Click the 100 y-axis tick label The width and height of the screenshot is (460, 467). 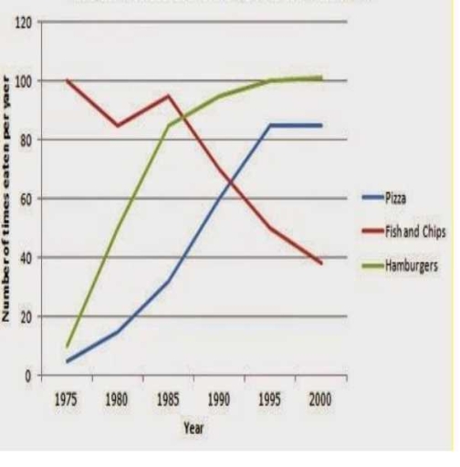[x=21, y=81]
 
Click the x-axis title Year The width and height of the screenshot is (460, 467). [x=193, y=426]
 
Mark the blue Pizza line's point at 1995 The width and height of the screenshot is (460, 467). [x=270, y=125]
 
